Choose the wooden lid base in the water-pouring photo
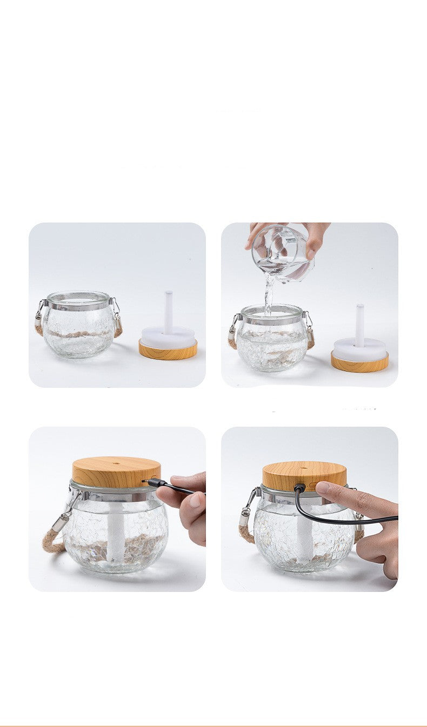pos(359,362)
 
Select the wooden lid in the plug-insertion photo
pos(116,472)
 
